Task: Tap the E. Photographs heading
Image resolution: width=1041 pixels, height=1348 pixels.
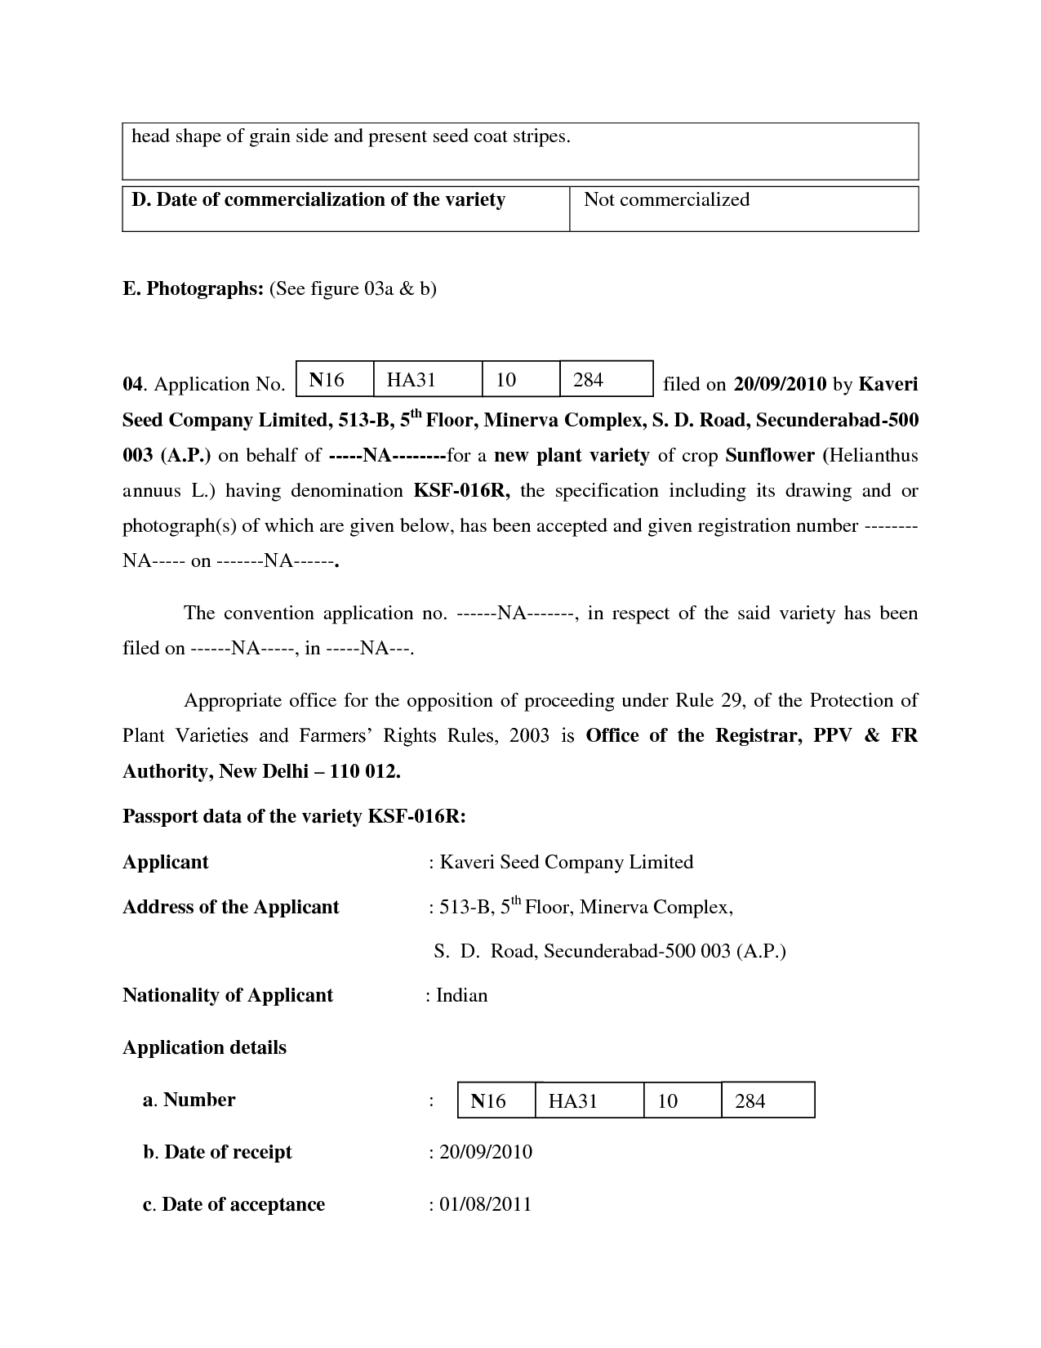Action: [192, 288]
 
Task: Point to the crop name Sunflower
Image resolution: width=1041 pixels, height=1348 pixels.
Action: [770, 456]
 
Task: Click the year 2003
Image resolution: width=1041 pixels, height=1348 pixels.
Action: [529, 736]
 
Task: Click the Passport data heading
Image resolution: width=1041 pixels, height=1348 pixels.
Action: [294, 817]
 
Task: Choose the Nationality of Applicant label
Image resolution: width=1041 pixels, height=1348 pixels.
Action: [228, 995]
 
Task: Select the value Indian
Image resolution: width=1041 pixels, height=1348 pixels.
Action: [461, 995]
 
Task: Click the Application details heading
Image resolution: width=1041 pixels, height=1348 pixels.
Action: [204, 1048]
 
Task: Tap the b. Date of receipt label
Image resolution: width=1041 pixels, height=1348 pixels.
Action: [217, 1152]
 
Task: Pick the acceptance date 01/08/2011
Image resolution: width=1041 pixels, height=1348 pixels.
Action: [485, 1204]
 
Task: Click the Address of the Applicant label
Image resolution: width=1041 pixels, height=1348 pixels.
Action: [230, 907]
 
